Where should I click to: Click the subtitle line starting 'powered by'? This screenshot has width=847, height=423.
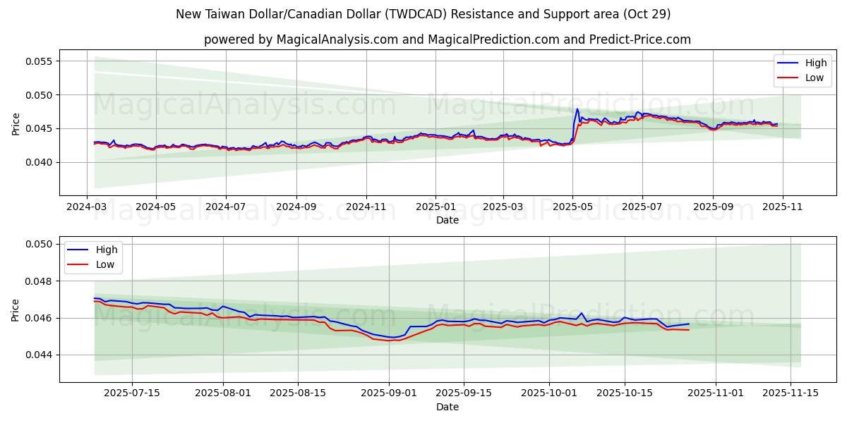(447, 39)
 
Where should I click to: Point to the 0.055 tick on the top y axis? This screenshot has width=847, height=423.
(40, 61)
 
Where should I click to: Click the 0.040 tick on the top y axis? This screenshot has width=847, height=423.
(40, 162)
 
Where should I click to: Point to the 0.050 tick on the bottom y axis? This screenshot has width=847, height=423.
(40, 244)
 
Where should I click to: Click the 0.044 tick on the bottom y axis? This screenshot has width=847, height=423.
(40, 355)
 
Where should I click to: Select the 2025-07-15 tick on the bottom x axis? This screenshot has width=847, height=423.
(132, 393)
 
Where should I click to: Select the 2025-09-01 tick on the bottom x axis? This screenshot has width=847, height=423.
(389, 393)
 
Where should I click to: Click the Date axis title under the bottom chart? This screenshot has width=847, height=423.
(447, 407)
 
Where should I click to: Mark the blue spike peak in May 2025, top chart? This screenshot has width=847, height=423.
(577, 109)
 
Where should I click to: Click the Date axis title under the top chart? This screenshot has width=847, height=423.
(447, 220)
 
